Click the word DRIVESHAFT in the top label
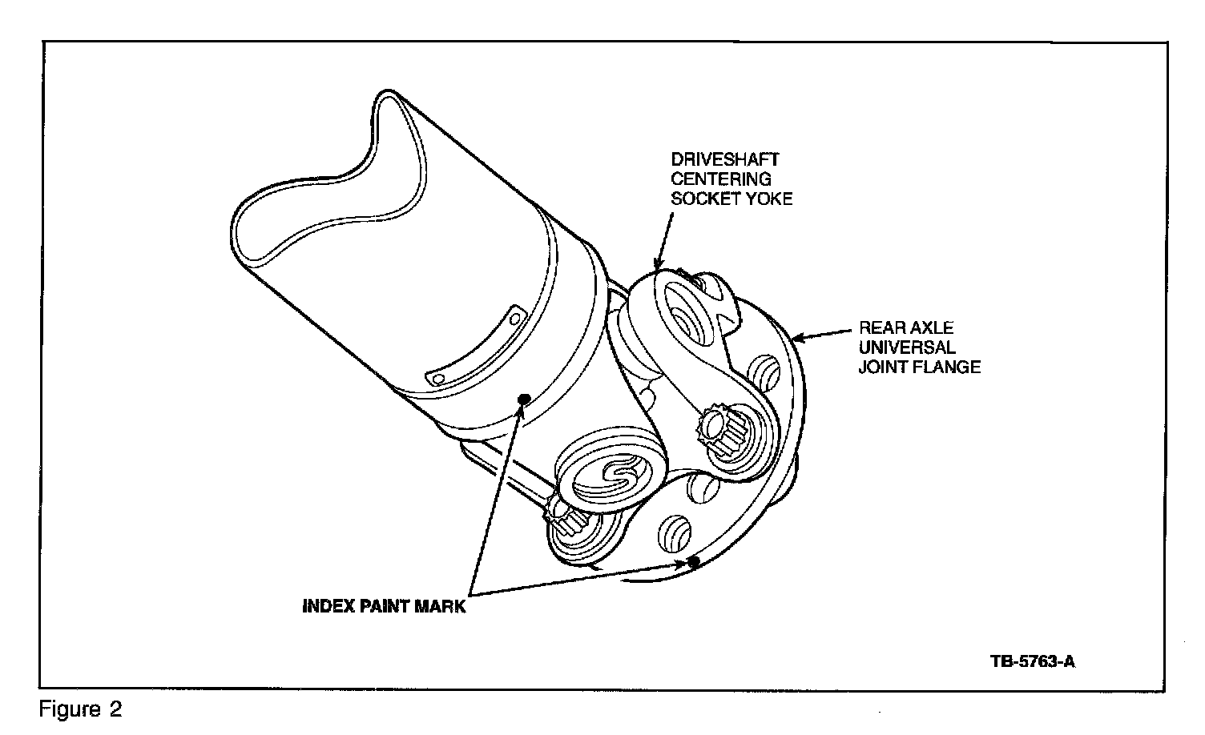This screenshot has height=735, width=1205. coord(724,160)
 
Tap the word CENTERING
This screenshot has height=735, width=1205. coord(720,179)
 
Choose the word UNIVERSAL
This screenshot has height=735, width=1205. coord(907,347)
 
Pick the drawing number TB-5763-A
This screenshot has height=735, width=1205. coord(1032,662)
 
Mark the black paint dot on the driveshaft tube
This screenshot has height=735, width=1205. coord(524,400)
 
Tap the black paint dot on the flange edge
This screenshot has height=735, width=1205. coord(694,562)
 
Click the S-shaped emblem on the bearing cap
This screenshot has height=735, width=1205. coord(612,476)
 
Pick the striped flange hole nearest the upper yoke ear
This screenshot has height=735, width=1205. coord(763,371)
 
